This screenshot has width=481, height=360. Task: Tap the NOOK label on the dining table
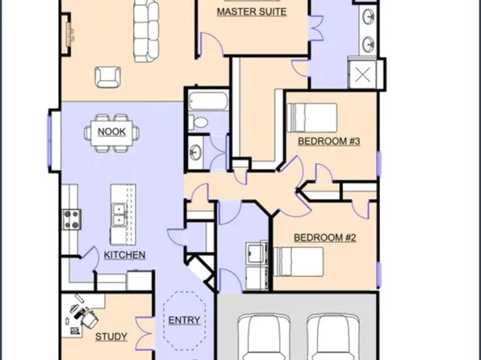[x=112, y=132]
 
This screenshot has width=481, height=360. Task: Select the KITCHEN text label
[x=125, y=255]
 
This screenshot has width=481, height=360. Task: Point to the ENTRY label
[x=184, y=320]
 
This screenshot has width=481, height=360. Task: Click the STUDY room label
[x=111, y=337]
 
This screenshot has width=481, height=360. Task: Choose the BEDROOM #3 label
[x=328, y=141]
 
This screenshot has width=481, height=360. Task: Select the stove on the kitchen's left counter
[x=71, y=218]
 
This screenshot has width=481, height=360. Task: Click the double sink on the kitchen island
[x=119, y=215]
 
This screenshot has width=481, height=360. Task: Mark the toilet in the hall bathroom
[x=198, y=123]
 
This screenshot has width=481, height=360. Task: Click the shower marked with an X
[x=364, y=77]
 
